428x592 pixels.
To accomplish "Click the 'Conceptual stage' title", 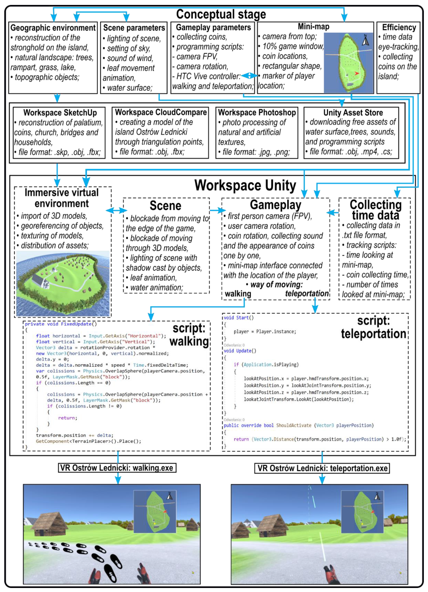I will [x=221, y=14].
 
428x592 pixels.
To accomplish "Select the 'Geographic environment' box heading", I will [x=53, y=28].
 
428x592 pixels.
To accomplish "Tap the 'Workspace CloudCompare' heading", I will [x=161, y=112].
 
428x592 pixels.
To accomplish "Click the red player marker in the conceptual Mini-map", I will [x=356, y=73].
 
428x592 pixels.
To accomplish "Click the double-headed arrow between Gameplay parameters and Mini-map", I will [x=249, y=76].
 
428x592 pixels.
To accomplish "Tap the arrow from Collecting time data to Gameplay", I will [x=333, y=213].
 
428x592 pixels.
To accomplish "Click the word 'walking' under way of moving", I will [x=238, y=294].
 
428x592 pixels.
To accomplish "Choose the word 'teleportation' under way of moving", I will [x=307, y=293].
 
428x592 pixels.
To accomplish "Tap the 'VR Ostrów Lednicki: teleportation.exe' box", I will [x=322, y=468].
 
